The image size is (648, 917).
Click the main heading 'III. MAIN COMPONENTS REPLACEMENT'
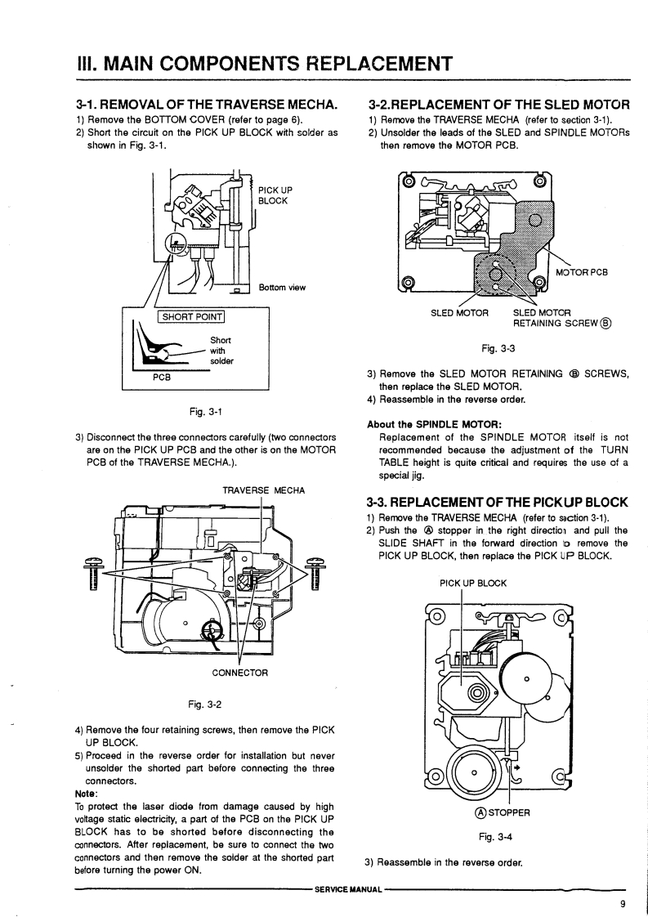264,63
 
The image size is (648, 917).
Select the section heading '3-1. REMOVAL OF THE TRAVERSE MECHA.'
207,105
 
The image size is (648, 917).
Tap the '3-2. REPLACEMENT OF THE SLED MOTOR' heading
498,105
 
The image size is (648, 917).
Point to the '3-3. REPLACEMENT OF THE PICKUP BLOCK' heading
497,503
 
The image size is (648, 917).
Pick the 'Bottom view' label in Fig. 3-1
282,287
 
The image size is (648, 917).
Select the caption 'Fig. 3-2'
204,705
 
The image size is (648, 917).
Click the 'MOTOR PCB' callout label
581,272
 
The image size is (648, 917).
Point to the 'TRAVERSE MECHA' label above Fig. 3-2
263,490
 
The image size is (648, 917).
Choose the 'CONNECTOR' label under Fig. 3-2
239,673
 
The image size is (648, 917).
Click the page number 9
623,904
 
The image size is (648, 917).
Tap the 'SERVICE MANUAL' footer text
349,889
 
